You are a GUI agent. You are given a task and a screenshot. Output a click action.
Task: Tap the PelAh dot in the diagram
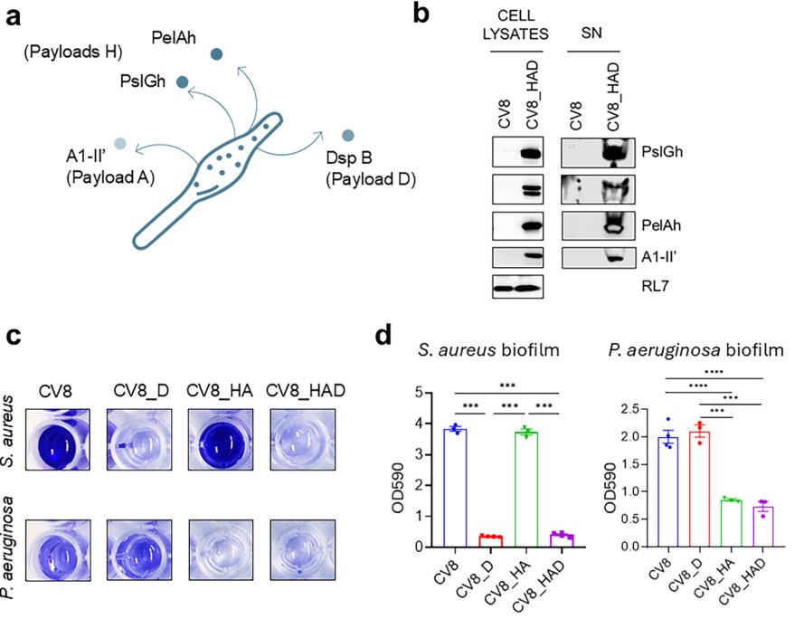[x=216, y=54]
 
